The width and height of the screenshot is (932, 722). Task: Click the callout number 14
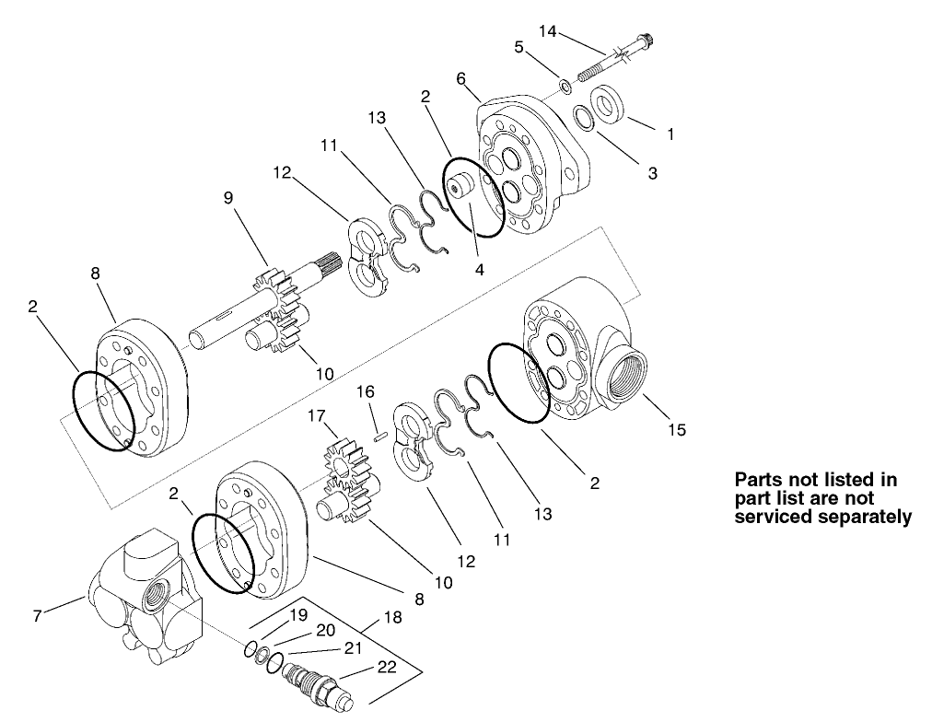[x=547, y=31]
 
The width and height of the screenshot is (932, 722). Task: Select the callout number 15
[x=677, y=430]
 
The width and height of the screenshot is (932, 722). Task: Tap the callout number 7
[x=37, y=616]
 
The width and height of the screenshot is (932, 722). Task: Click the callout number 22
[x=387, y=667]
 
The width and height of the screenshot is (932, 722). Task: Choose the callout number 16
[x=366, y=391]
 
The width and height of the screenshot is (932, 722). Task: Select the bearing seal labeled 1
[x=610, y=102]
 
